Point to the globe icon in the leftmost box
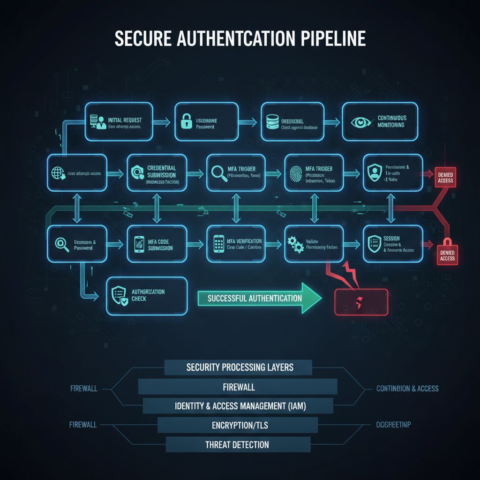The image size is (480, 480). (57, 173)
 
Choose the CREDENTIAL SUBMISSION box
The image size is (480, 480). (157, 173)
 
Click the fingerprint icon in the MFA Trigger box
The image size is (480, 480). (294, 173)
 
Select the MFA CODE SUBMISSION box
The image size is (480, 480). (157, 244)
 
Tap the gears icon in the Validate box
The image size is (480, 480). (294, 244)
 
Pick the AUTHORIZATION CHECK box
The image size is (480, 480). (147, 296)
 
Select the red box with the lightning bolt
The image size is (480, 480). (361, 302)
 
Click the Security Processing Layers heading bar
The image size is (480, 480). (238, 367)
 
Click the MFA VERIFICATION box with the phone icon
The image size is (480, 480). (236, 244)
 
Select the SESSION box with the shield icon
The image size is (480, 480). (393, 244)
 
